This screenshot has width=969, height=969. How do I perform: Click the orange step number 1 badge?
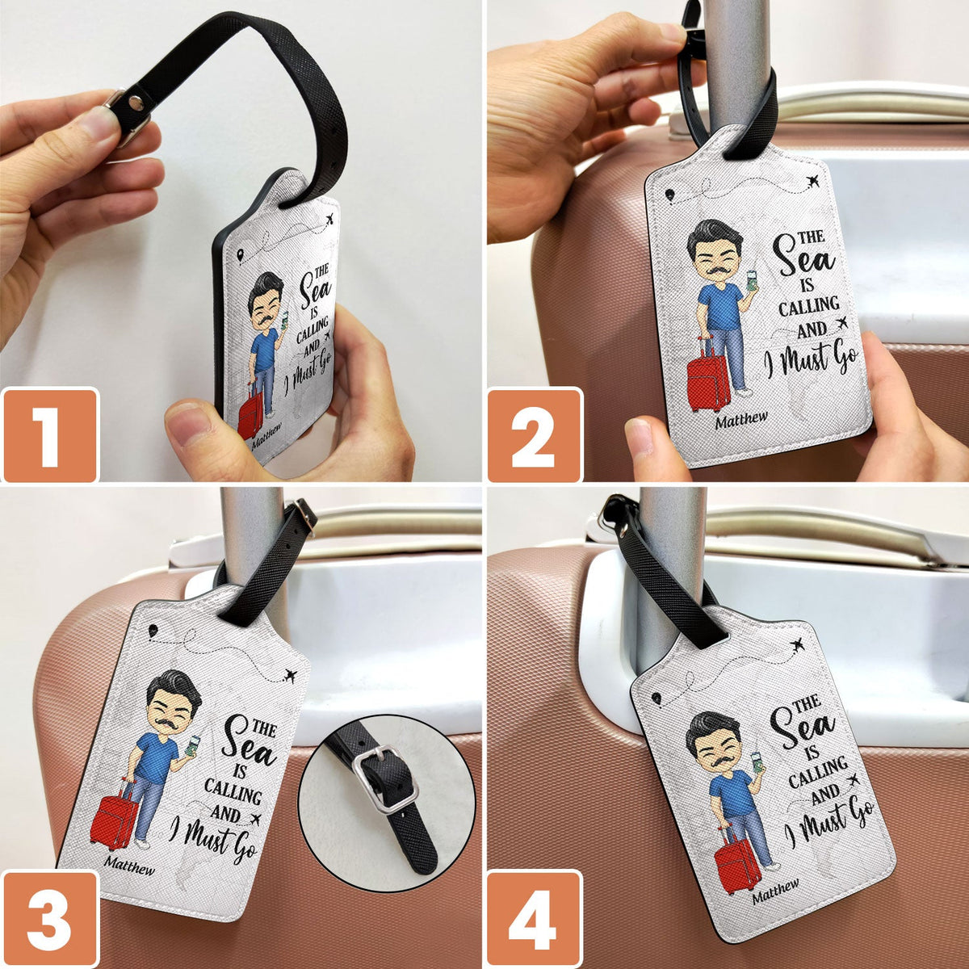[49, 435]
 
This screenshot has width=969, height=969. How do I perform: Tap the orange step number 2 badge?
[534, 435]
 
